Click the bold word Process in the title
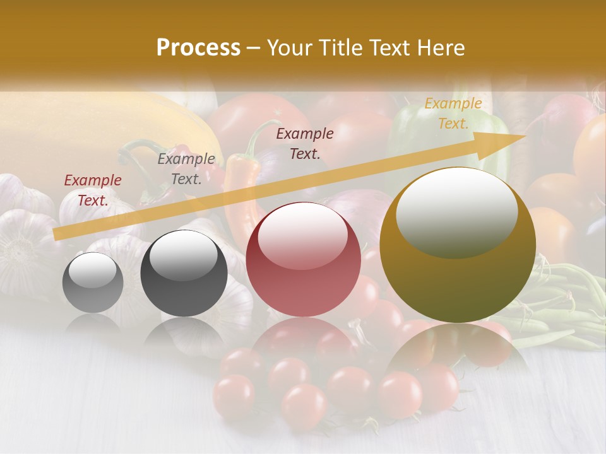pos(198,48)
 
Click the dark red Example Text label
pos(93,190)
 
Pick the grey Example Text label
pos(186,169)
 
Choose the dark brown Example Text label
pos(305,143)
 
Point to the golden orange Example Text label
pos(453,113)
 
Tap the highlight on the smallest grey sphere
pos(93,270)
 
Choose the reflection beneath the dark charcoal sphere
pos(184,334)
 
